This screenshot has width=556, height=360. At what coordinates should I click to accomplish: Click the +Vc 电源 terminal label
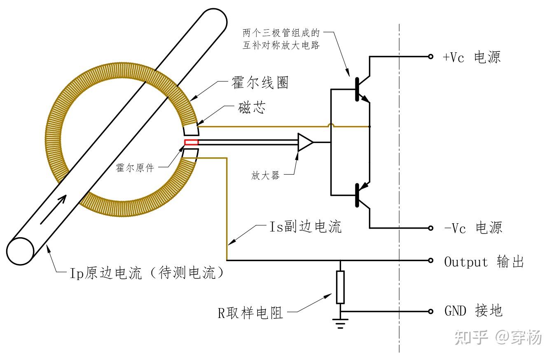point(472,57)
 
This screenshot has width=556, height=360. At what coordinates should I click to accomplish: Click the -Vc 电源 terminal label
point(473,228)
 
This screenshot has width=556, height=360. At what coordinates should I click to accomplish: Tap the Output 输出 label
point(484,262)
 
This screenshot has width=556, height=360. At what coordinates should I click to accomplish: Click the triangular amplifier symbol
point(305,143)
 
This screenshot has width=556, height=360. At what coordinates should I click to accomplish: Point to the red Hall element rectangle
point(191,143)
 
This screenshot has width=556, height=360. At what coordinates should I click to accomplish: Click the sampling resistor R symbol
point(340,287)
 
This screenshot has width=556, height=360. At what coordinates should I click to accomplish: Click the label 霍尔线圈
point(260,83)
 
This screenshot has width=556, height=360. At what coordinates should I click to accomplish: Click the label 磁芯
point(252,108)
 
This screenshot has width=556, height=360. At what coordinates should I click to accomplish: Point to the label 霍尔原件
point(135,168)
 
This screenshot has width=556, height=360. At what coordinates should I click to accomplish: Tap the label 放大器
point(265,176)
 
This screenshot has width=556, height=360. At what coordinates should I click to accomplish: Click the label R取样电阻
point(250,313)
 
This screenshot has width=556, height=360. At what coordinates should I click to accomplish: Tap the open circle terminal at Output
point(431,260)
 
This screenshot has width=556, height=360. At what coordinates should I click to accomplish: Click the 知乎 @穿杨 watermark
point(498,338)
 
